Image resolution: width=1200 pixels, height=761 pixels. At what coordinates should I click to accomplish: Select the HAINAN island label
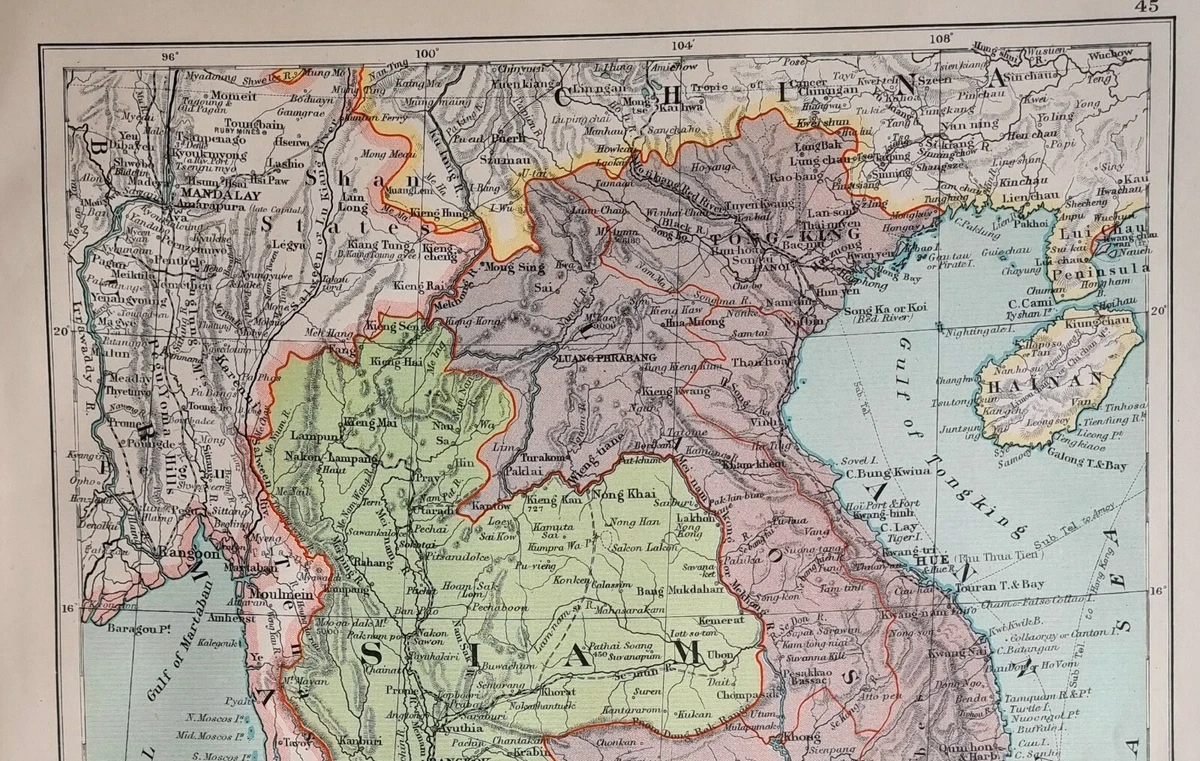tap(1045, 380)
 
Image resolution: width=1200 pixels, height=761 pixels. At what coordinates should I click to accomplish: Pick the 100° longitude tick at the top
tap(428, 54)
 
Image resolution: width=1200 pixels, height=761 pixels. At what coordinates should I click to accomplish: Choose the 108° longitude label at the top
tap(941, 38)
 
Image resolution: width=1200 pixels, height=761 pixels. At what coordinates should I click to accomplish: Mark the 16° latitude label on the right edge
tap(1156, 591)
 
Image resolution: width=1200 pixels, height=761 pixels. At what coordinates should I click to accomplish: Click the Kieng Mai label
tap(365, 423)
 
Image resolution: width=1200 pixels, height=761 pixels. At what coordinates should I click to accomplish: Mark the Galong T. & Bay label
tap(1089, 465)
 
